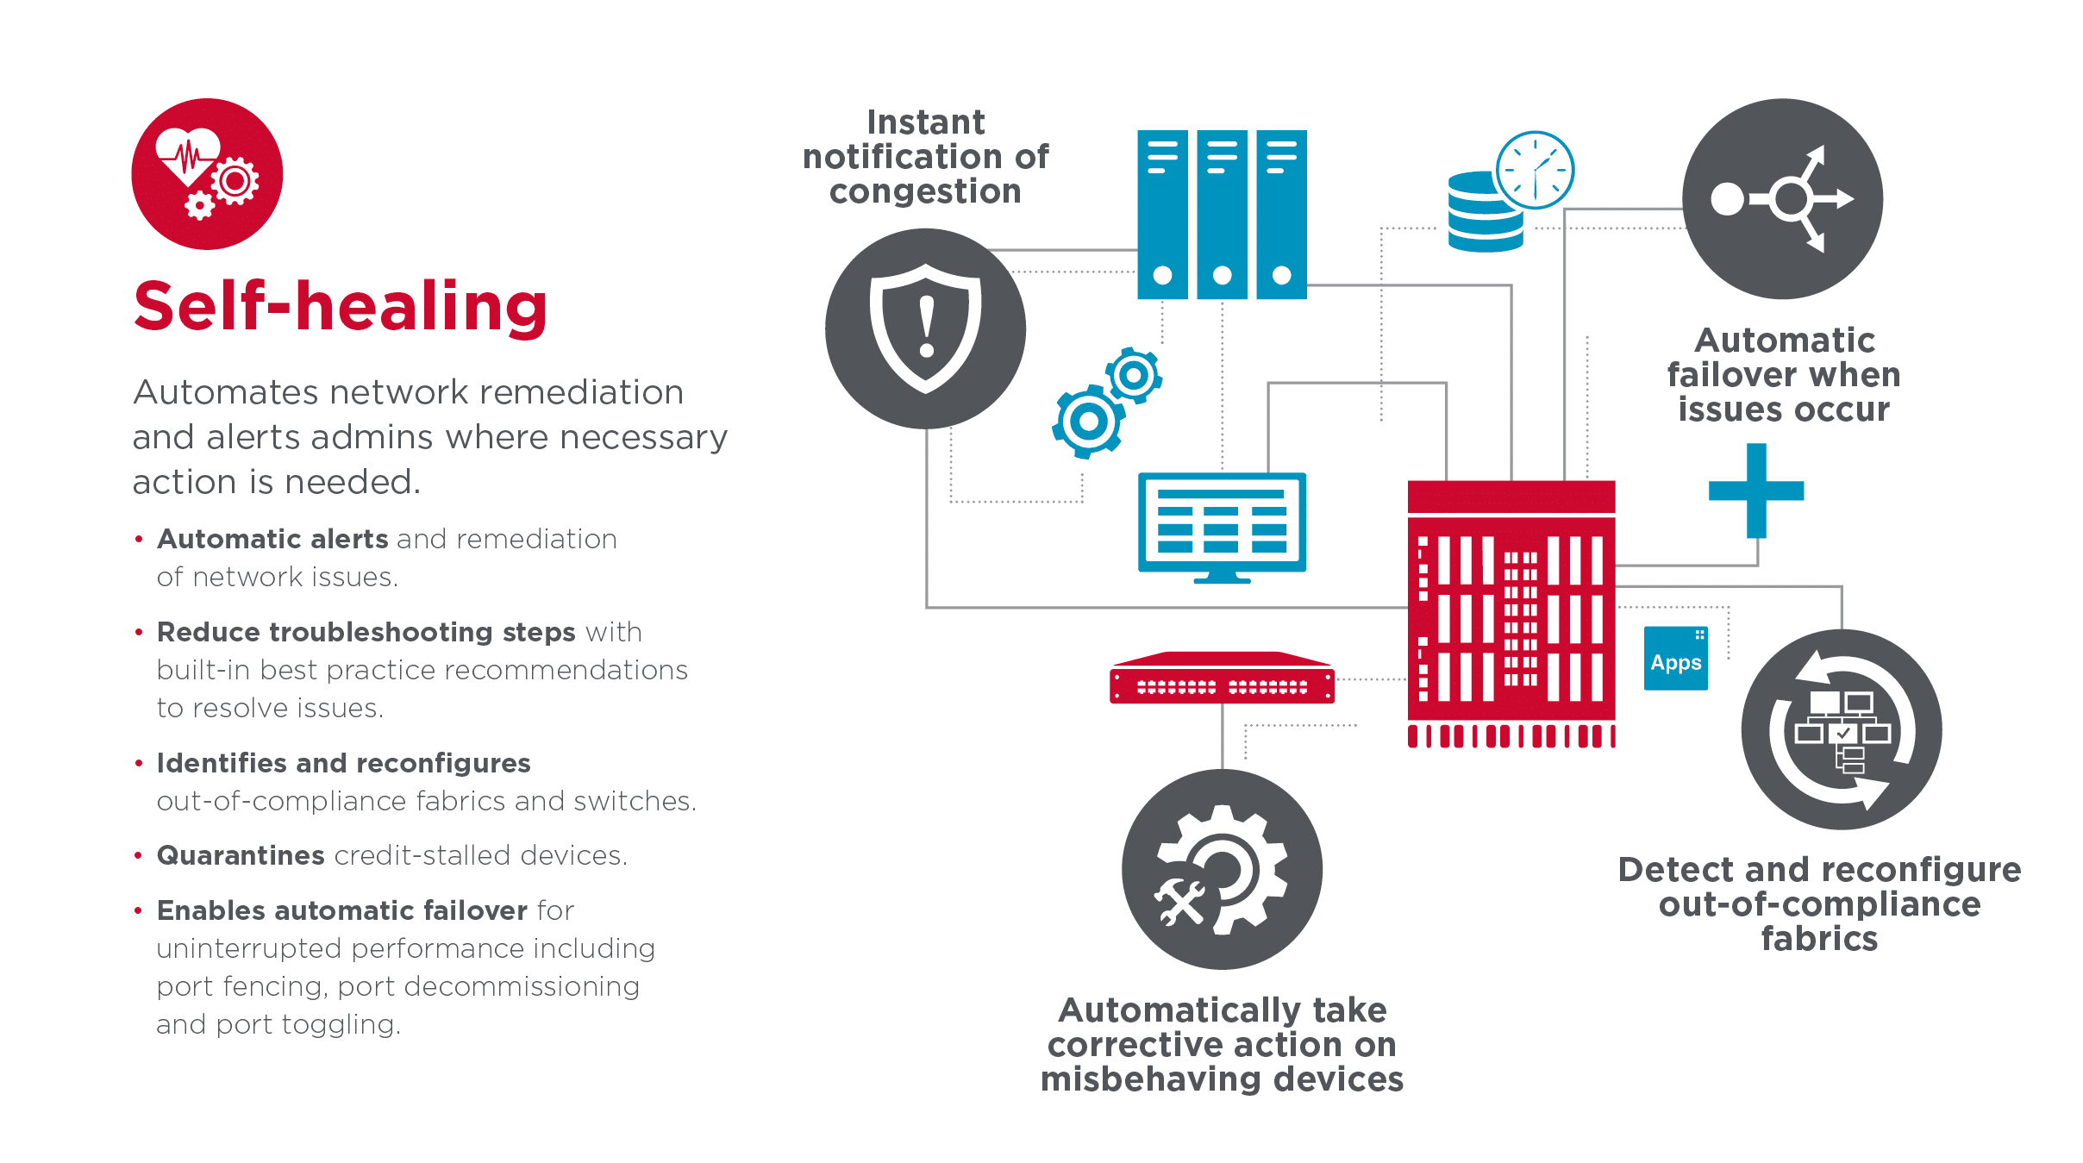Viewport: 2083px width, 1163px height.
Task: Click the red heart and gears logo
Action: tap(207, 174)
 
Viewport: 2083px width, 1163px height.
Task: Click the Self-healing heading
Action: tap(341, 307)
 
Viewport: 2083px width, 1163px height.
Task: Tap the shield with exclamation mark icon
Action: tap(925, 328)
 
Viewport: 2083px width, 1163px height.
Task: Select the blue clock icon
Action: tap(1535, 170)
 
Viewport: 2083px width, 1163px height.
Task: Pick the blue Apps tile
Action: tap(1675, 659)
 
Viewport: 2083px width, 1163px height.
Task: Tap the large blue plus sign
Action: tap(1756, 491)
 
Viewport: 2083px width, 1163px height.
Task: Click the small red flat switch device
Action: tap(1222, 680)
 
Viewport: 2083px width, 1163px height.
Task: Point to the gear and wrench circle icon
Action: tap(1222, 869)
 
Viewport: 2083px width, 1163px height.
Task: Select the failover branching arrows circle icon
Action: tap(1782, 199)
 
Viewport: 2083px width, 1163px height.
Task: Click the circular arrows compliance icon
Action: tap(1841, 729)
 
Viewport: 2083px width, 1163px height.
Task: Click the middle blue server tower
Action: tap(1222, 215)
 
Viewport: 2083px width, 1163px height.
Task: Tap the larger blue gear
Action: tap(1088, 422)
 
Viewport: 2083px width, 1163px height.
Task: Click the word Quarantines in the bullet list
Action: tap(241, 855)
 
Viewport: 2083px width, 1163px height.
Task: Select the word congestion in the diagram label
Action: tap(925, 191)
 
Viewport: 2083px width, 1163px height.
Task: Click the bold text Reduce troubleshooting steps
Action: tap(366, 632)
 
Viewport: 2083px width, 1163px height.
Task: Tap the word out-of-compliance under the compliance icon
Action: tap(1819, 904)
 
